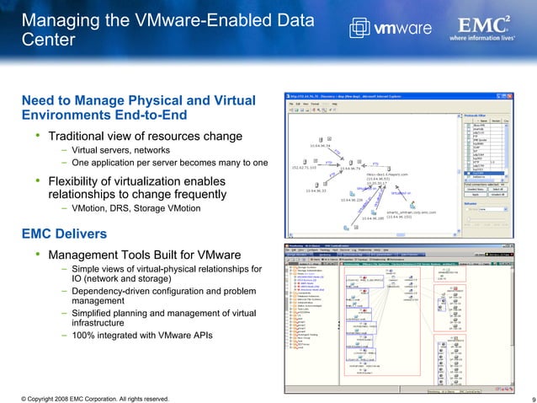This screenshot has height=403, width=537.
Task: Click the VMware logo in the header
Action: point(396,28)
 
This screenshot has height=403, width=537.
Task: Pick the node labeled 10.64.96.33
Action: point(316,191)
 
